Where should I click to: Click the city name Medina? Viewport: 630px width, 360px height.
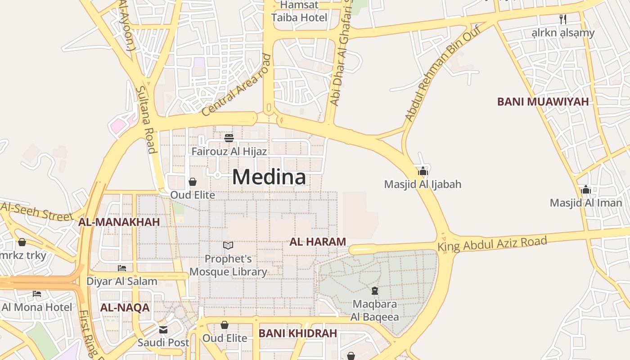269,177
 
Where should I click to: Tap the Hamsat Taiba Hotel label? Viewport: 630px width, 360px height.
299,12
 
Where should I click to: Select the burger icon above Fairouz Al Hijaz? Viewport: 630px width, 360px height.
229,138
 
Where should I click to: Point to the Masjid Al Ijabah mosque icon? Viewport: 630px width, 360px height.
423,171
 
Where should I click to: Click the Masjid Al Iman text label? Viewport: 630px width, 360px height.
585,203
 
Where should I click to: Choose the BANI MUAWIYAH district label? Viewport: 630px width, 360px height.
543,102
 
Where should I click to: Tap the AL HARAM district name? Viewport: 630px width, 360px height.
318,242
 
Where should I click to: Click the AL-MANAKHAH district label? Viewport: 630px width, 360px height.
119,222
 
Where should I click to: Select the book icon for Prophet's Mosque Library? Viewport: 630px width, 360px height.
228,245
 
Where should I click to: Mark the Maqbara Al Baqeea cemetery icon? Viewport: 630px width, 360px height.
374,290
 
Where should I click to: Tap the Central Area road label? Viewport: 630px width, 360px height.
237,85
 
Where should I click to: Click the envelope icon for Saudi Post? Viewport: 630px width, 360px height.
163,330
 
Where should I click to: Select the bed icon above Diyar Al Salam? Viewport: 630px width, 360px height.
122,268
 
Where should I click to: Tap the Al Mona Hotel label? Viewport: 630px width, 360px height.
37,307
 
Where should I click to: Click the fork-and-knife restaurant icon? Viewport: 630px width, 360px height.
562,19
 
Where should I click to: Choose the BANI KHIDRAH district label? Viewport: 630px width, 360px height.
298,333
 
